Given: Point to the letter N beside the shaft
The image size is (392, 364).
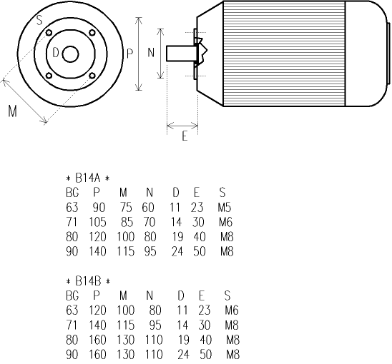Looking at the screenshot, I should [x=151, y=53].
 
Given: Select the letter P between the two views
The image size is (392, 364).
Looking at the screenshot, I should [x=129, y=54].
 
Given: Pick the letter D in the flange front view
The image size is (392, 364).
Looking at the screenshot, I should [x=56, y=53].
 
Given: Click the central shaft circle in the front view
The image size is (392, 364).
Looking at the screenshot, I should [x=70, y=54].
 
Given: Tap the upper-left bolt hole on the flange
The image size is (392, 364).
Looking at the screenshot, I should [x=48, y=34].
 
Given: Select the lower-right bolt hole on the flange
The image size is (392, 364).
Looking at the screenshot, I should [x=92, y=76].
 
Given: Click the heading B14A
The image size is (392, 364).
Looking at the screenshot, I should [x=87, y=178].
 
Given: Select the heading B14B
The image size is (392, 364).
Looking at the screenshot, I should [x=87, y=280].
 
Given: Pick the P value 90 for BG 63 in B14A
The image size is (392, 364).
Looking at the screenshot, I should [x=99, y=207].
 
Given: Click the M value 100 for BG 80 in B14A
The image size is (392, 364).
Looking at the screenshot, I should [x=126, y=236].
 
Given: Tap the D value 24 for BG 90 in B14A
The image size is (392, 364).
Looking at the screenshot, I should [x=177, y=251].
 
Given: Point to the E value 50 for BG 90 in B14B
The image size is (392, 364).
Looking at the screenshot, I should [x=203, y=354].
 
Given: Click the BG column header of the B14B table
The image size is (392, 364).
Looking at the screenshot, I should [x=72, y=295].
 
